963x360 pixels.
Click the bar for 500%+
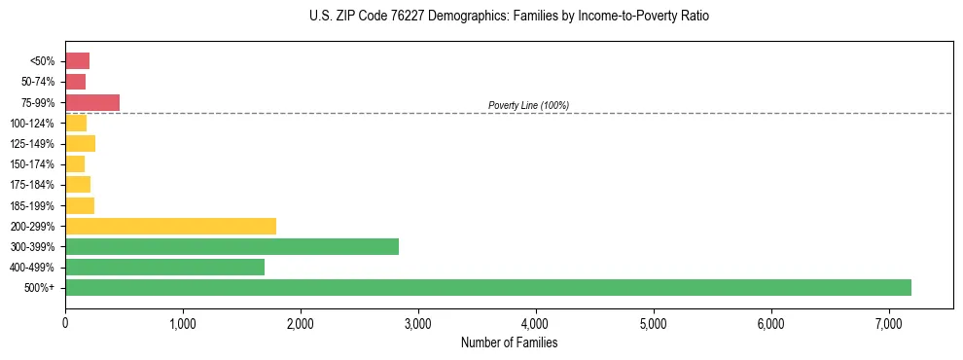486,287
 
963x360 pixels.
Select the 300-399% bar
232,246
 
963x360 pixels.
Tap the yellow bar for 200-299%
170,226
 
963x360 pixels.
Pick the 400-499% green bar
164,267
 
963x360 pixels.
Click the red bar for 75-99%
92,102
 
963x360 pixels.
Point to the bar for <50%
77,61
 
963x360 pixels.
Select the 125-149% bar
80,144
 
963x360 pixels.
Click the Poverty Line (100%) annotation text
528,105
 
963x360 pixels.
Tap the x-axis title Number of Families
509,342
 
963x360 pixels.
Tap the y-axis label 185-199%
32,205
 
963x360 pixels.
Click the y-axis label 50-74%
37,82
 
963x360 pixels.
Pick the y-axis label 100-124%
32,124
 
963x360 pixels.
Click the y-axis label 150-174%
32,164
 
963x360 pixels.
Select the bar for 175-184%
78,185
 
